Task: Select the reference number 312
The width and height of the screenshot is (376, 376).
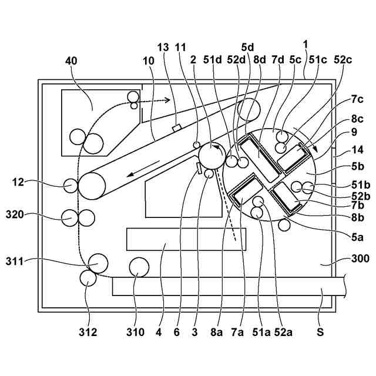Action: pos(88,332)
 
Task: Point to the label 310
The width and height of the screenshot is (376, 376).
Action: pos(135,332)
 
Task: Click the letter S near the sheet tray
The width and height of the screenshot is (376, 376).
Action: pos(320,332)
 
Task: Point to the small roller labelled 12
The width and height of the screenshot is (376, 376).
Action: pos(70,185)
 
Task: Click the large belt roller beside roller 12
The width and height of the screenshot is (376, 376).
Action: pos(92,186)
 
